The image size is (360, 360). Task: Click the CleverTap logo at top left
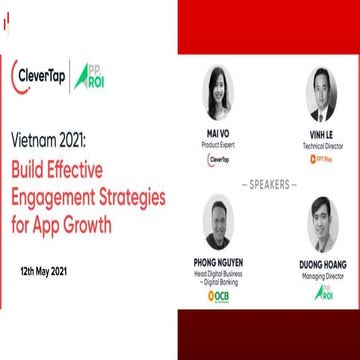[x=40, y=77]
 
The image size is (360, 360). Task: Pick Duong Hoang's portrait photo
[x=320, y=223]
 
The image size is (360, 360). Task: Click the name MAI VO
[x=217, y=133]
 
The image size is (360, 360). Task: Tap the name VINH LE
[x=320, y=133]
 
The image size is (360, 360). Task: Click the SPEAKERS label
[x=268, y=185]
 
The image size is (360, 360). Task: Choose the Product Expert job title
[x=217, y=143]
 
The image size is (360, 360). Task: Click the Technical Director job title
[x=320, y=143]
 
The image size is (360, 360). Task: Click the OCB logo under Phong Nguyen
[x=217, y=296]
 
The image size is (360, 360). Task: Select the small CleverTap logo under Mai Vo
[x=217, y=158]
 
